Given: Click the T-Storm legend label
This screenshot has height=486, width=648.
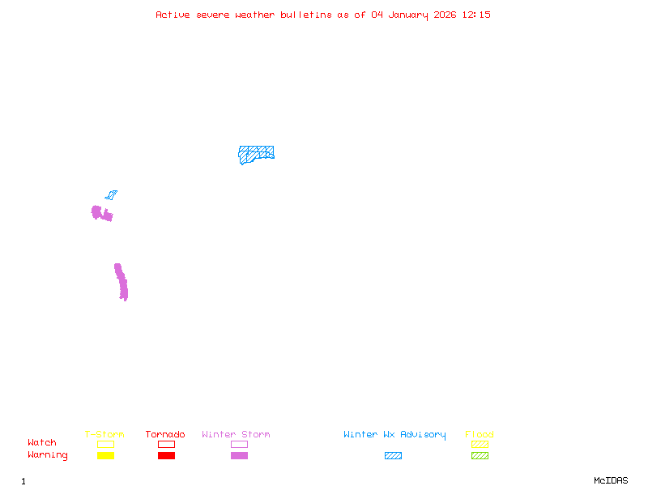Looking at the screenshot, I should pos(104,435).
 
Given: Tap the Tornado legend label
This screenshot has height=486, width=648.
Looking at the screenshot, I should pos(165,435).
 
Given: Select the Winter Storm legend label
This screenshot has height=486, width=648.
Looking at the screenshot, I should pos(236,435).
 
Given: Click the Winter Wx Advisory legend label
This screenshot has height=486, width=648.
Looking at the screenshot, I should pos(394,435).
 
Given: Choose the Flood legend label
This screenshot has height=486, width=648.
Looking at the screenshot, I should pos(480,435).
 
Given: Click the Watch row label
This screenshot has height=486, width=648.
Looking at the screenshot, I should pos(42,443).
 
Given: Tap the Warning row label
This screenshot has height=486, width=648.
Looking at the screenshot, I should pos(48,455).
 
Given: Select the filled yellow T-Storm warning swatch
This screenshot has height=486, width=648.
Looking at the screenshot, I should pos(105,456).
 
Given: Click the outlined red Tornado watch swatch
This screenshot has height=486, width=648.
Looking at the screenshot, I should pos(166,444).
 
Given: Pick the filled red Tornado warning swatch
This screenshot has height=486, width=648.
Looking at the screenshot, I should pos(166,456).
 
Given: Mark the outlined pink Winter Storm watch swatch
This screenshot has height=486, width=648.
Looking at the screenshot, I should pos(239,444).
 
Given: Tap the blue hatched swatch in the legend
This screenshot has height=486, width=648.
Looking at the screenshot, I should pos(393,456).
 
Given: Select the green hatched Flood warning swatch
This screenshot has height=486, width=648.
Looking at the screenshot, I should pos(480,456).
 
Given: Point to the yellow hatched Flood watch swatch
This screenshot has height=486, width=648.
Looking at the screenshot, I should pos(480,444).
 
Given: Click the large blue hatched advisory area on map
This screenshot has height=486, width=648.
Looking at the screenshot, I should pos(256,153).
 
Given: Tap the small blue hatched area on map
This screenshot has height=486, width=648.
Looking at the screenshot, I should pos(111,195).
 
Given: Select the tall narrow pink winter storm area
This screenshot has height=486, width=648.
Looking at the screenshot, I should pos(122,283).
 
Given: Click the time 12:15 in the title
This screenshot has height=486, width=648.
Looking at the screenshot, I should pos(476,15).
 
